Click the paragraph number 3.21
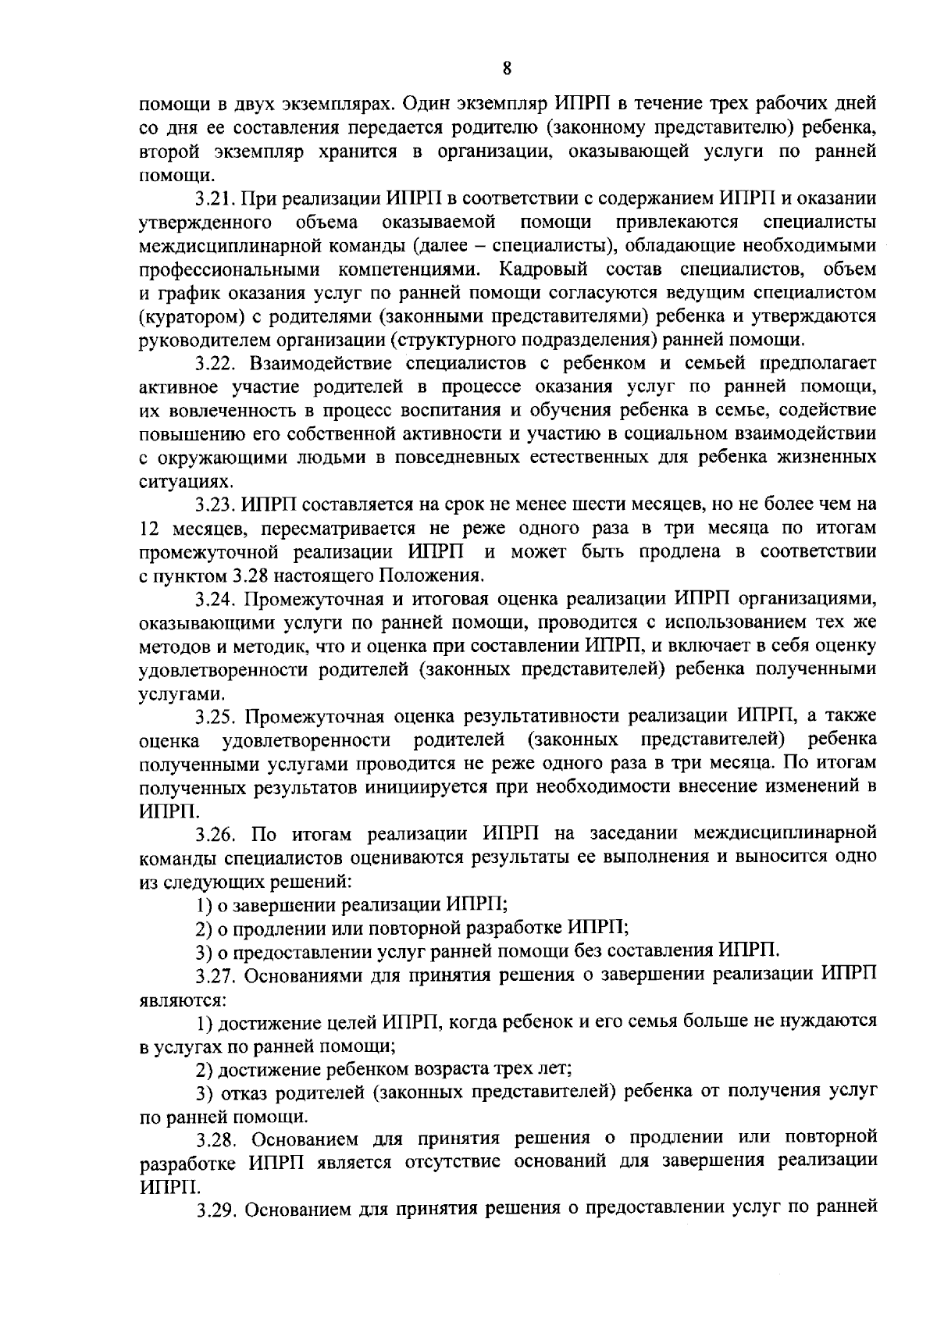(x=214, y=199)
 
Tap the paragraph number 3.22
(x=214, y=363)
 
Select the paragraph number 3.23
(x=214, y=504)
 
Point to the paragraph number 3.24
(x=214, y=600)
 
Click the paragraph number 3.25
(x=214, y=716)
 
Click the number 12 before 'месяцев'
(x=149, y=529)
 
